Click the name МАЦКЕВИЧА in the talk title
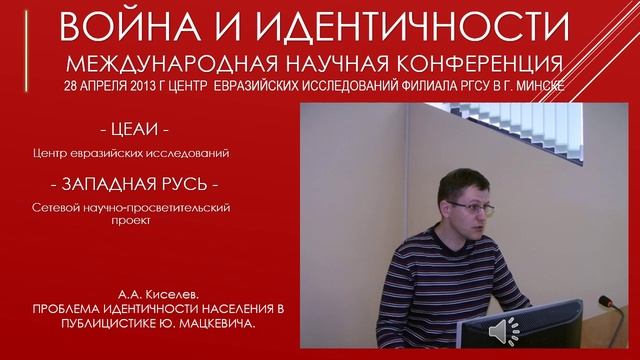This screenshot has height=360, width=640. [x=200, y=328]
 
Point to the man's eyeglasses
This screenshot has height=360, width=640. [x=465, y=206]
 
